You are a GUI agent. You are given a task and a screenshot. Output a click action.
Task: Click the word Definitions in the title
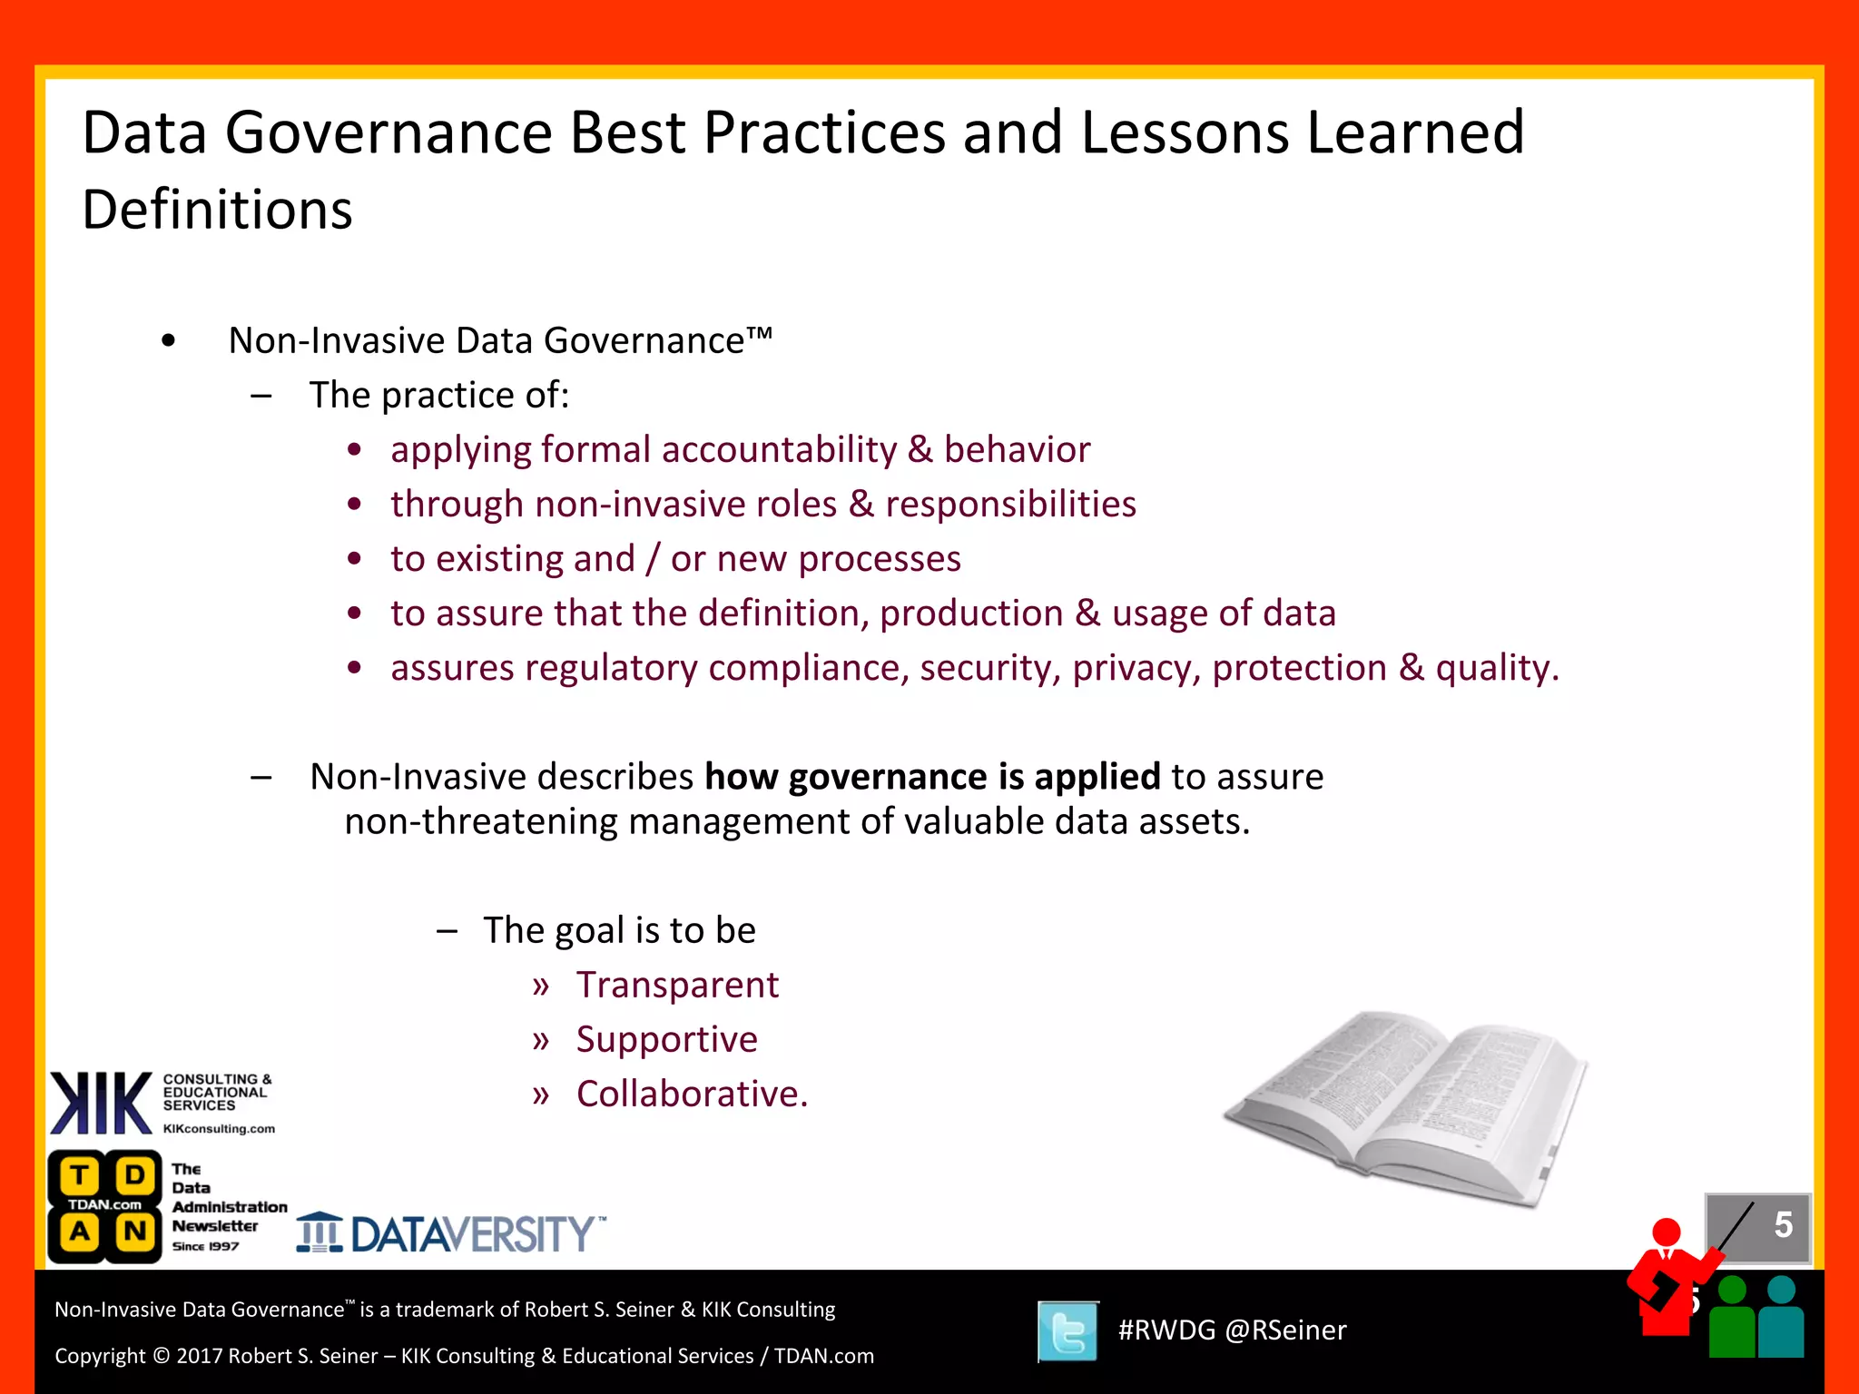tap(217, 210)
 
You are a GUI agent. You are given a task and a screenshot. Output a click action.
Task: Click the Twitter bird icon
tap(1067, 1331)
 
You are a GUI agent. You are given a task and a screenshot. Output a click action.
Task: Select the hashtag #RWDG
tap(1166, 1330)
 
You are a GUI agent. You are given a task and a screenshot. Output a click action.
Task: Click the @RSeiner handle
tap(1285, 1330)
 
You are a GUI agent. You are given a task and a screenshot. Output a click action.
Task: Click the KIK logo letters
tap(100, 1103)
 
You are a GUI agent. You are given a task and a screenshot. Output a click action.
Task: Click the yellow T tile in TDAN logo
tap(80, 1175)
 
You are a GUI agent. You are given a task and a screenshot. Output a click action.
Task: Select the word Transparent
tap(677, 985)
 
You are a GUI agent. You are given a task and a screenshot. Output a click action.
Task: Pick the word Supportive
tap(666, 1039)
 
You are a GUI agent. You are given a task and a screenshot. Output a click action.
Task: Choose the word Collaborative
tap(691, 1095)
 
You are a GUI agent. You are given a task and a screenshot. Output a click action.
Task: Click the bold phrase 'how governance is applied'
tap(932, 777)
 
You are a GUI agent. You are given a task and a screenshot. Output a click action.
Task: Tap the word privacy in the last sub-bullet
tap(1136, 668)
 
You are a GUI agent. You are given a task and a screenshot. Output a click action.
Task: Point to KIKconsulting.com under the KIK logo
tap(219, 1129)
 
